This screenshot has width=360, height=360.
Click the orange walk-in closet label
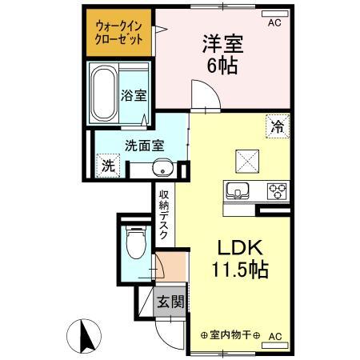click(x=119, y=31)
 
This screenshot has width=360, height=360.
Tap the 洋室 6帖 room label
click(x=220, y=55)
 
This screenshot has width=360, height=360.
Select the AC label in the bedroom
click(x=274, y=22)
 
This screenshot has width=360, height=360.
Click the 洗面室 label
click(x=143, y=146)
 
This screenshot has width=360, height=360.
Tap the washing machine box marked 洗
click(x=107, y=167)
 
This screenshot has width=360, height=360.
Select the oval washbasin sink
click(x=162, y=170)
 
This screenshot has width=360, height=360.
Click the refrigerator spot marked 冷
click(x=277, y=126)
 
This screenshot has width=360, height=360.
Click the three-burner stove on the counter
click(x=277, y=191)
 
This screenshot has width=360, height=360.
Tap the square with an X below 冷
click(x=244, y=161)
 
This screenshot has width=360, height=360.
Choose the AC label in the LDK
click(x=276, y=336)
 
